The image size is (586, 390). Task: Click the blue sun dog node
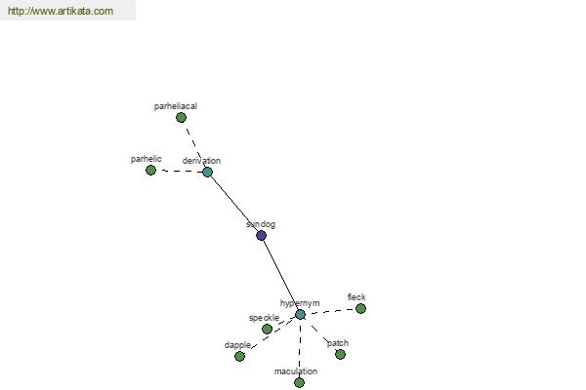click(261, 236)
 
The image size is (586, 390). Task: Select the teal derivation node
click(207, 172)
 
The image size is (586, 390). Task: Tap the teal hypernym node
click(300, 315)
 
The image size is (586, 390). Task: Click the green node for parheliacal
click(181, 118)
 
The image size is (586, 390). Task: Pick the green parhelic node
click(150, 171)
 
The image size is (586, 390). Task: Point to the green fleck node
click(360, 309)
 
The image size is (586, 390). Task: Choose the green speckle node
click(267, 329)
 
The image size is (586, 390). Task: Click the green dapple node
click(239, 357)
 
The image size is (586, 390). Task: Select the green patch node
click(340, 354)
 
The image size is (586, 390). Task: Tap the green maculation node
click(299, 382)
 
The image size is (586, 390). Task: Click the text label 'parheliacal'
click(176, 106)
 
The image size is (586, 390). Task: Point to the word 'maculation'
click(296, 371)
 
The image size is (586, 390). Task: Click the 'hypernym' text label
click(300, 303)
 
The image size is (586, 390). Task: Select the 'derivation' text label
click(201, 161)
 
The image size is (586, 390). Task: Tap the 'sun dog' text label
click(261, 224)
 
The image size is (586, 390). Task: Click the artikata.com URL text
click(61, 11)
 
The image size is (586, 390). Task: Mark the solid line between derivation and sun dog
click(234, 204)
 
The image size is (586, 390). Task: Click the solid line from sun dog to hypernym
click(280, 275)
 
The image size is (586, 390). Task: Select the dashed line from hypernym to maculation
click(300, 349)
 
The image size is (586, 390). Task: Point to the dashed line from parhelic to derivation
click(179, 172)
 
